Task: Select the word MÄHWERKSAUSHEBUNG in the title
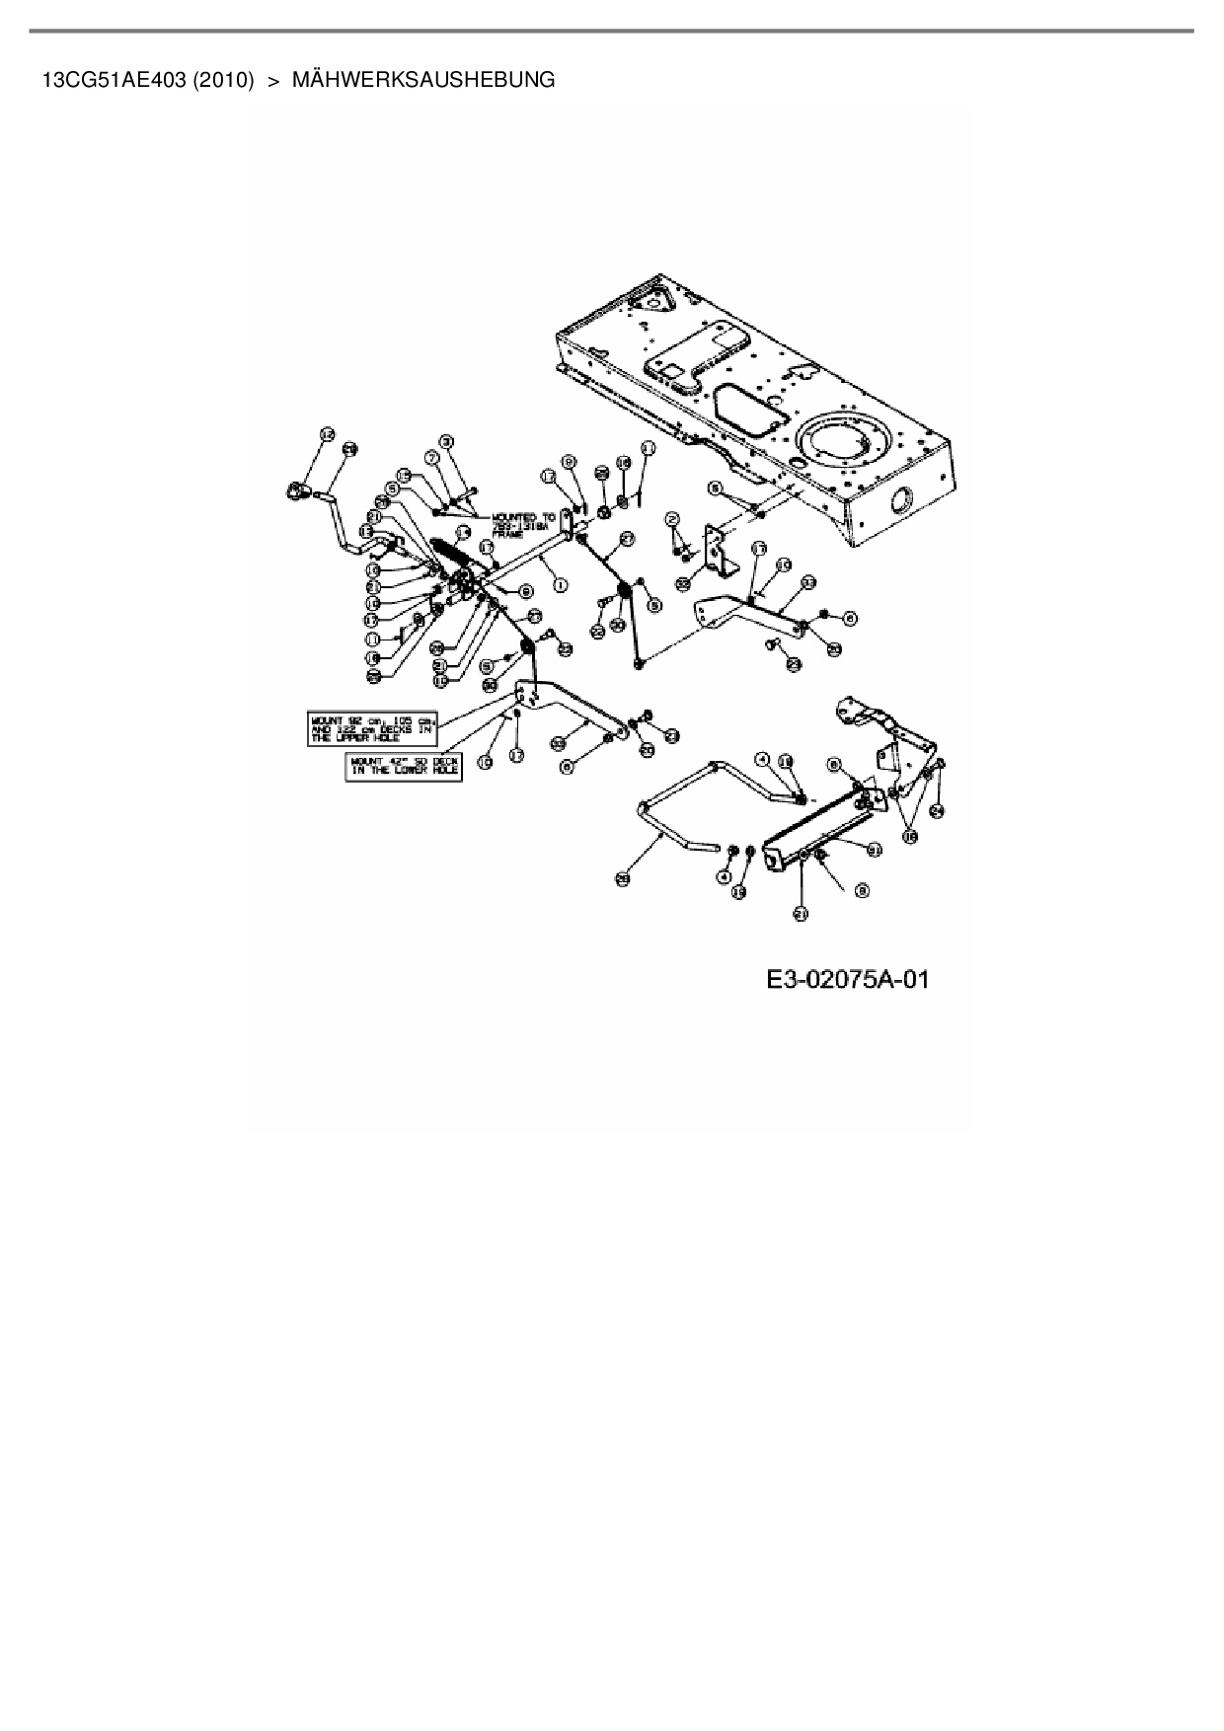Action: (x=423, y=80)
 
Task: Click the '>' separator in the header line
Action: (x=273, y=80)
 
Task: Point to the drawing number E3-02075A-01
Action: (x=847, y=980)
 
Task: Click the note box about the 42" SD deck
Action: (x=404, y=766)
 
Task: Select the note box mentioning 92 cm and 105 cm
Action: (x=371, y=727)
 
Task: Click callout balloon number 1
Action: (x=561, y=584)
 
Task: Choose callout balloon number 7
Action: (x=431, y=457)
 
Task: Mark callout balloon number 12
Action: (x=327, y=434)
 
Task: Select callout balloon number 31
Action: (x=874, y=847)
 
